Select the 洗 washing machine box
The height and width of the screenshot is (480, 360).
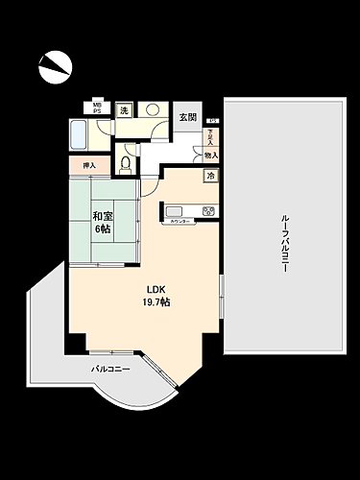[x=123, y=110]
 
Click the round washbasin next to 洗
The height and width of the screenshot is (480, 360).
[x=155, y=110]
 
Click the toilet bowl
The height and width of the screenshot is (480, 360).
[x=124, y=162]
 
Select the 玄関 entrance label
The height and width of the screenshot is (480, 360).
[x=186, y=117]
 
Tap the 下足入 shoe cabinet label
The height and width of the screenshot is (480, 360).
[x=210, y=138]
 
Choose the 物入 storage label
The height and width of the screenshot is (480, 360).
[x=210, y=155]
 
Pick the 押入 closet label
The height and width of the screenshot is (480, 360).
[x=89, y=166]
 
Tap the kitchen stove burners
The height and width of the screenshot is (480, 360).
[x=205, y=211]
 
